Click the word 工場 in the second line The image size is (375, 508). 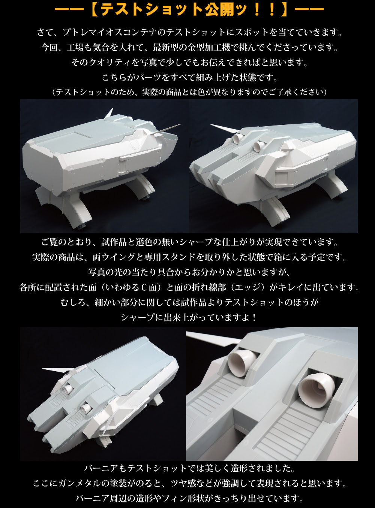[75, 48]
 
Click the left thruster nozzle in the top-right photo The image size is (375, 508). [239, 137]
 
